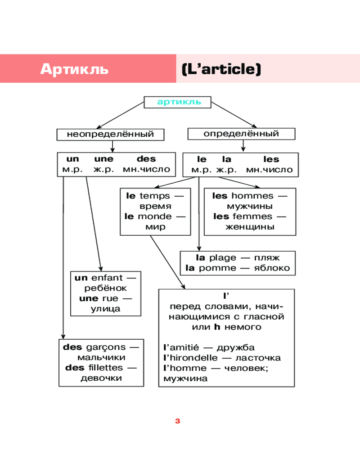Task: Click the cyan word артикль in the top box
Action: point(179,102)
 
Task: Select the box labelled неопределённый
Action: point(110,134)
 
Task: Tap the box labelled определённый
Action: point(241,134)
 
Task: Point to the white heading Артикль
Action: point(74,69)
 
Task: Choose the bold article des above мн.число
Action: point(146,159)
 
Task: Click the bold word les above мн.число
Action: point(271,159)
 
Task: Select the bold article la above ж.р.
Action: point(227,159)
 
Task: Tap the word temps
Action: point(155,196)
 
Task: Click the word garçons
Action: point(103,347)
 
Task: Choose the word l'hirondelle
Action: point(190,358)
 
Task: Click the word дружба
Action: point(235,347)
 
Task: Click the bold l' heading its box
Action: point(226,296)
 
